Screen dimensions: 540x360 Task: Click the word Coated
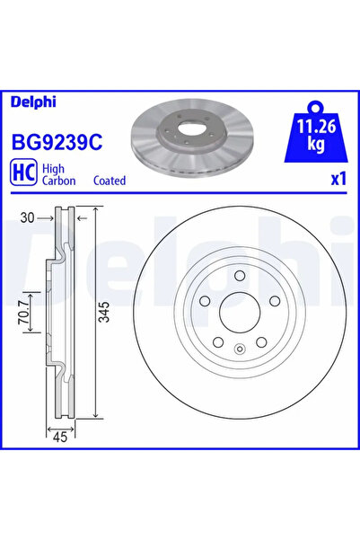coord(110,181)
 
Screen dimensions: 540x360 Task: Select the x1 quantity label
coord(338,179)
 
